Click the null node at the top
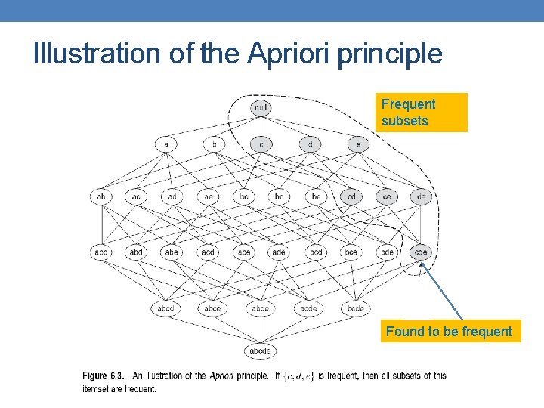tap(261, 108)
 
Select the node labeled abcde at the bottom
tap(261, 351)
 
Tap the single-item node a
tap(165, 144)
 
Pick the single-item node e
tap(357, 144)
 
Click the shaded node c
tap(261, 144)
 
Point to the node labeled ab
tap(101, 196)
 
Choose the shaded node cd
tap(351, 196)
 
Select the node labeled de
tap(422, 196)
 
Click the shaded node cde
tap(421, 252)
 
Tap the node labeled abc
tap(101, 252)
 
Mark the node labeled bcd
tap(316, 252)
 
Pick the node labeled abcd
tap(165, 308)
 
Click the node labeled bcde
tap(356, 308)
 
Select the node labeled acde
tap(308, 308)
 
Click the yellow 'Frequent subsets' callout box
tap(423, 113)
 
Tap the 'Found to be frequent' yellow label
tap(450, 331)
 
